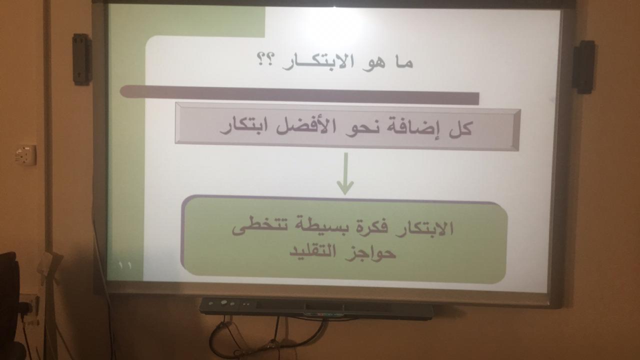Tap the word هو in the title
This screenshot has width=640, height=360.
click(x=373, y=63)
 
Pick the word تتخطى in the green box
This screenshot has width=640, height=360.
click(x=258, y=226)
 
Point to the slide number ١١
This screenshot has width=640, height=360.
click(x=124, y=265)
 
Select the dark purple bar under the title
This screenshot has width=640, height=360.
click(x=299, y=95)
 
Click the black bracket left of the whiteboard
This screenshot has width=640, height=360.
click(x=81, y=59)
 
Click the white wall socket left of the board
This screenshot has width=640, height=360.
click(x=25, y=155)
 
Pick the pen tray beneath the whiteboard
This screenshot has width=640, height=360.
click(x=316, y=308)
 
